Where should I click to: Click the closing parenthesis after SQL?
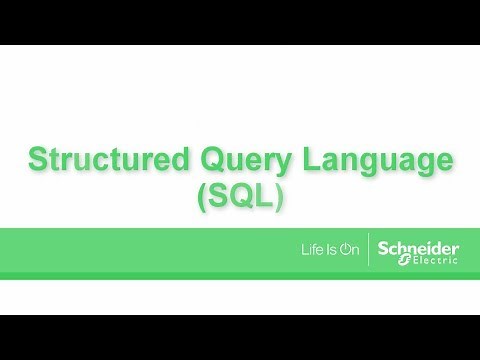(x=280, y=196)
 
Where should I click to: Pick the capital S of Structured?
(x=37, y=160)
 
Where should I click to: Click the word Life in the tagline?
(x=313, y=248)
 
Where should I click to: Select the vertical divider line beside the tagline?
(x=369, y=248)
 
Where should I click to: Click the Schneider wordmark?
(x=418, y=244)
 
